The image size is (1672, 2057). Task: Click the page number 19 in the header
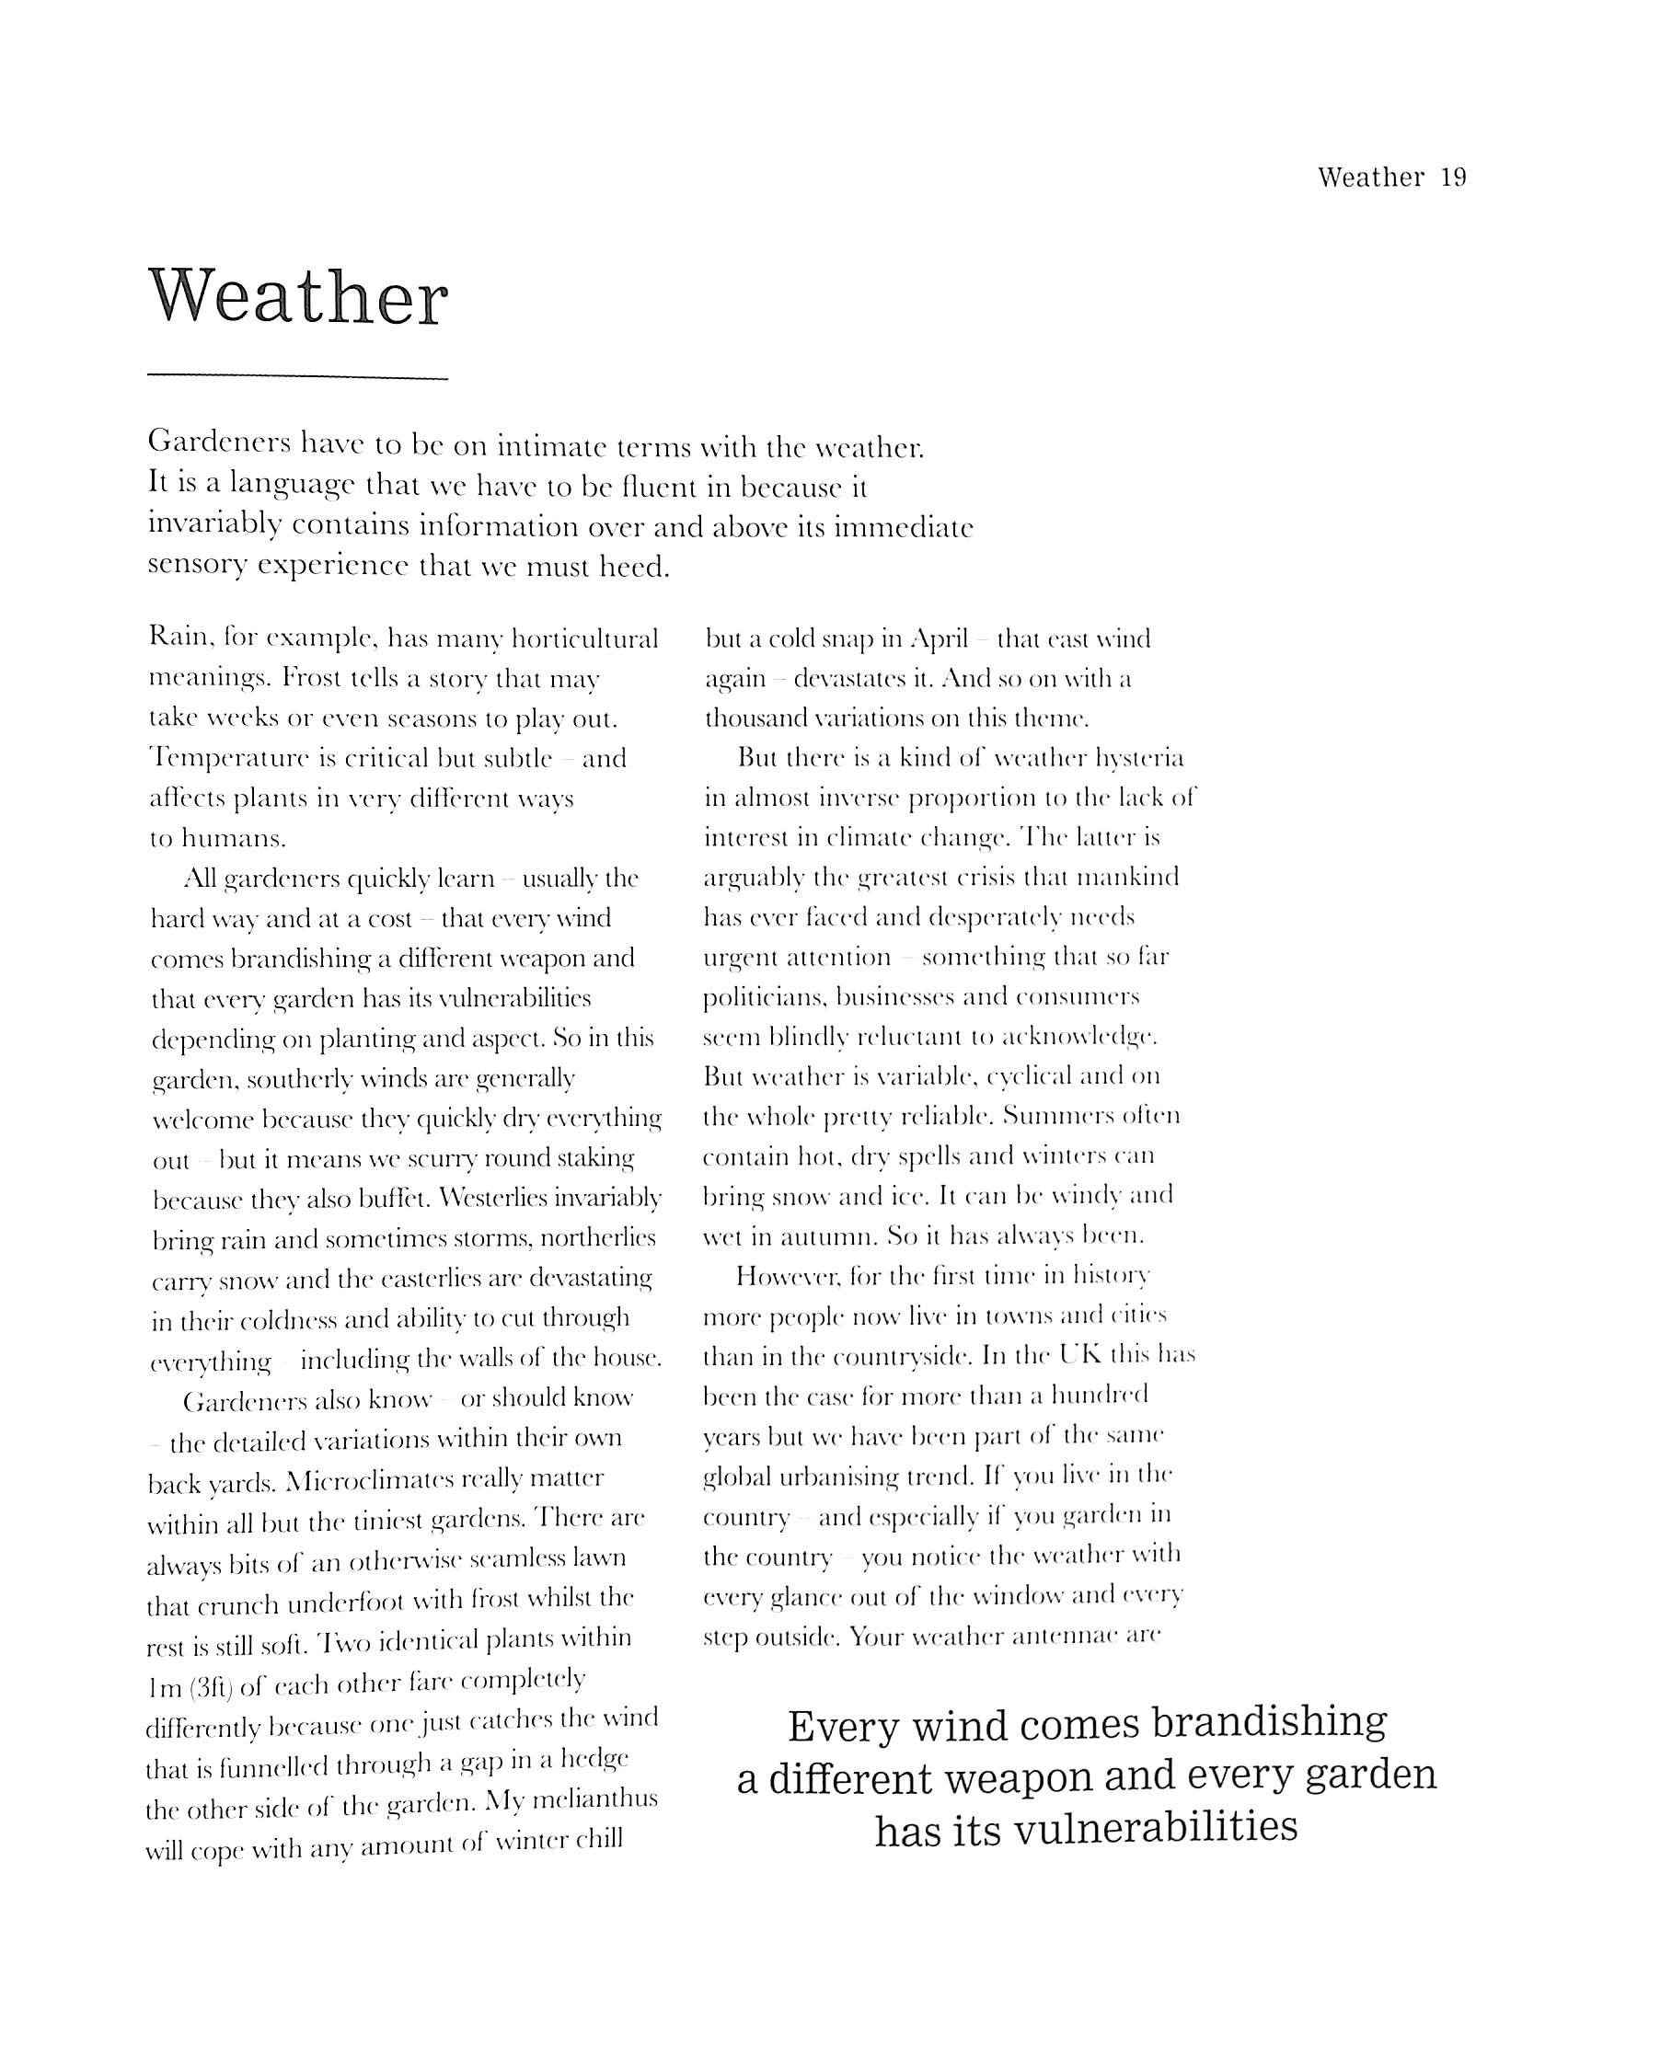[x=1453, y=178]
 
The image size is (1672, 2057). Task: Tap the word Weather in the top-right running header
[x=1370, y=178]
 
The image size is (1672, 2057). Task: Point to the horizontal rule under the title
[x=297, y=376]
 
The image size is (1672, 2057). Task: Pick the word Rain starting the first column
[x=179, y=638]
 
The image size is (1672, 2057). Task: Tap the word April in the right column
[x=938, y=639]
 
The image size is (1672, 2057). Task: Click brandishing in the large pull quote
[x=1269, y=1723]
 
